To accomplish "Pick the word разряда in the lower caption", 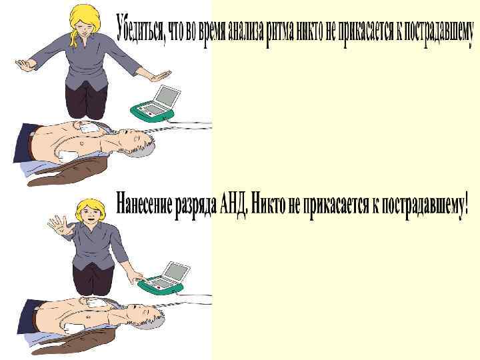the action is point(195,206).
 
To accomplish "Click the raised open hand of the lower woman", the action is point(58,225).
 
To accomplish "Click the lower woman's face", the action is point(90,213).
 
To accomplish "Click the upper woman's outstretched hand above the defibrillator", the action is point(160,75).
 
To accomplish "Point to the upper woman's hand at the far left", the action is point(26,65).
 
